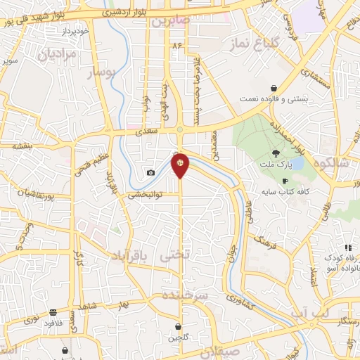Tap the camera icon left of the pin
coord(150,173)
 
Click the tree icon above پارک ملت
coord(276,153)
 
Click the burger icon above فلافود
coord(53,313)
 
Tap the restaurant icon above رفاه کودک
coord(347,247)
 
